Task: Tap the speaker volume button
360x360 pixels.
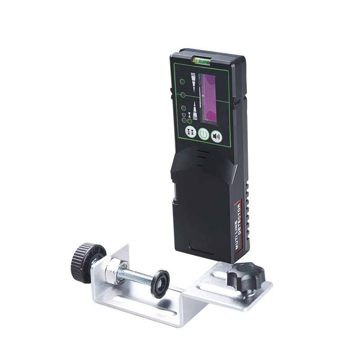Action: click(216, 137)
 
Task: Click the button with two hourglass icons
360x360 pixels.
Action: click(190, 132)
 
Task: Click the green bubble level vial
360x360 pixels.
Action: click(201, 60)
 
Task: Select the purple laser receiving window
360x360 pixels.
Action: click(208, 98)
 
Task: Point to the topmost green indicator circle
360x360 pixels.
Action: click(182, 82)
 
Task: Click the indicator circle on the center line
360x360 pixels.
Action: click(183, 94)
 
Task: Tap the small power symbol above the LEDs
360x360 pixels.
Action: click(184, 115)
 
